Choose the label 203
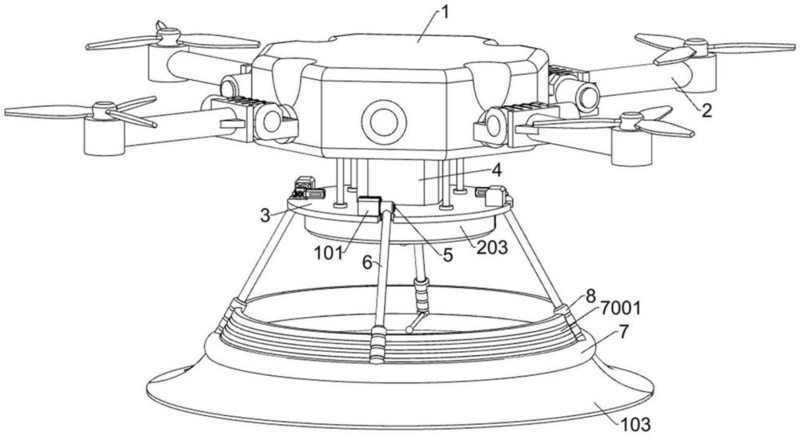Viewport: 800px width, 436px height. click(491, 247)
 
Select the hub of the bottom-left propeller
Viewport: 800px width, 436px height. click(104, 111)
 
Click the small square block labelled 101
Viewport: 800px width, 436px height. click(369, 207)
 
